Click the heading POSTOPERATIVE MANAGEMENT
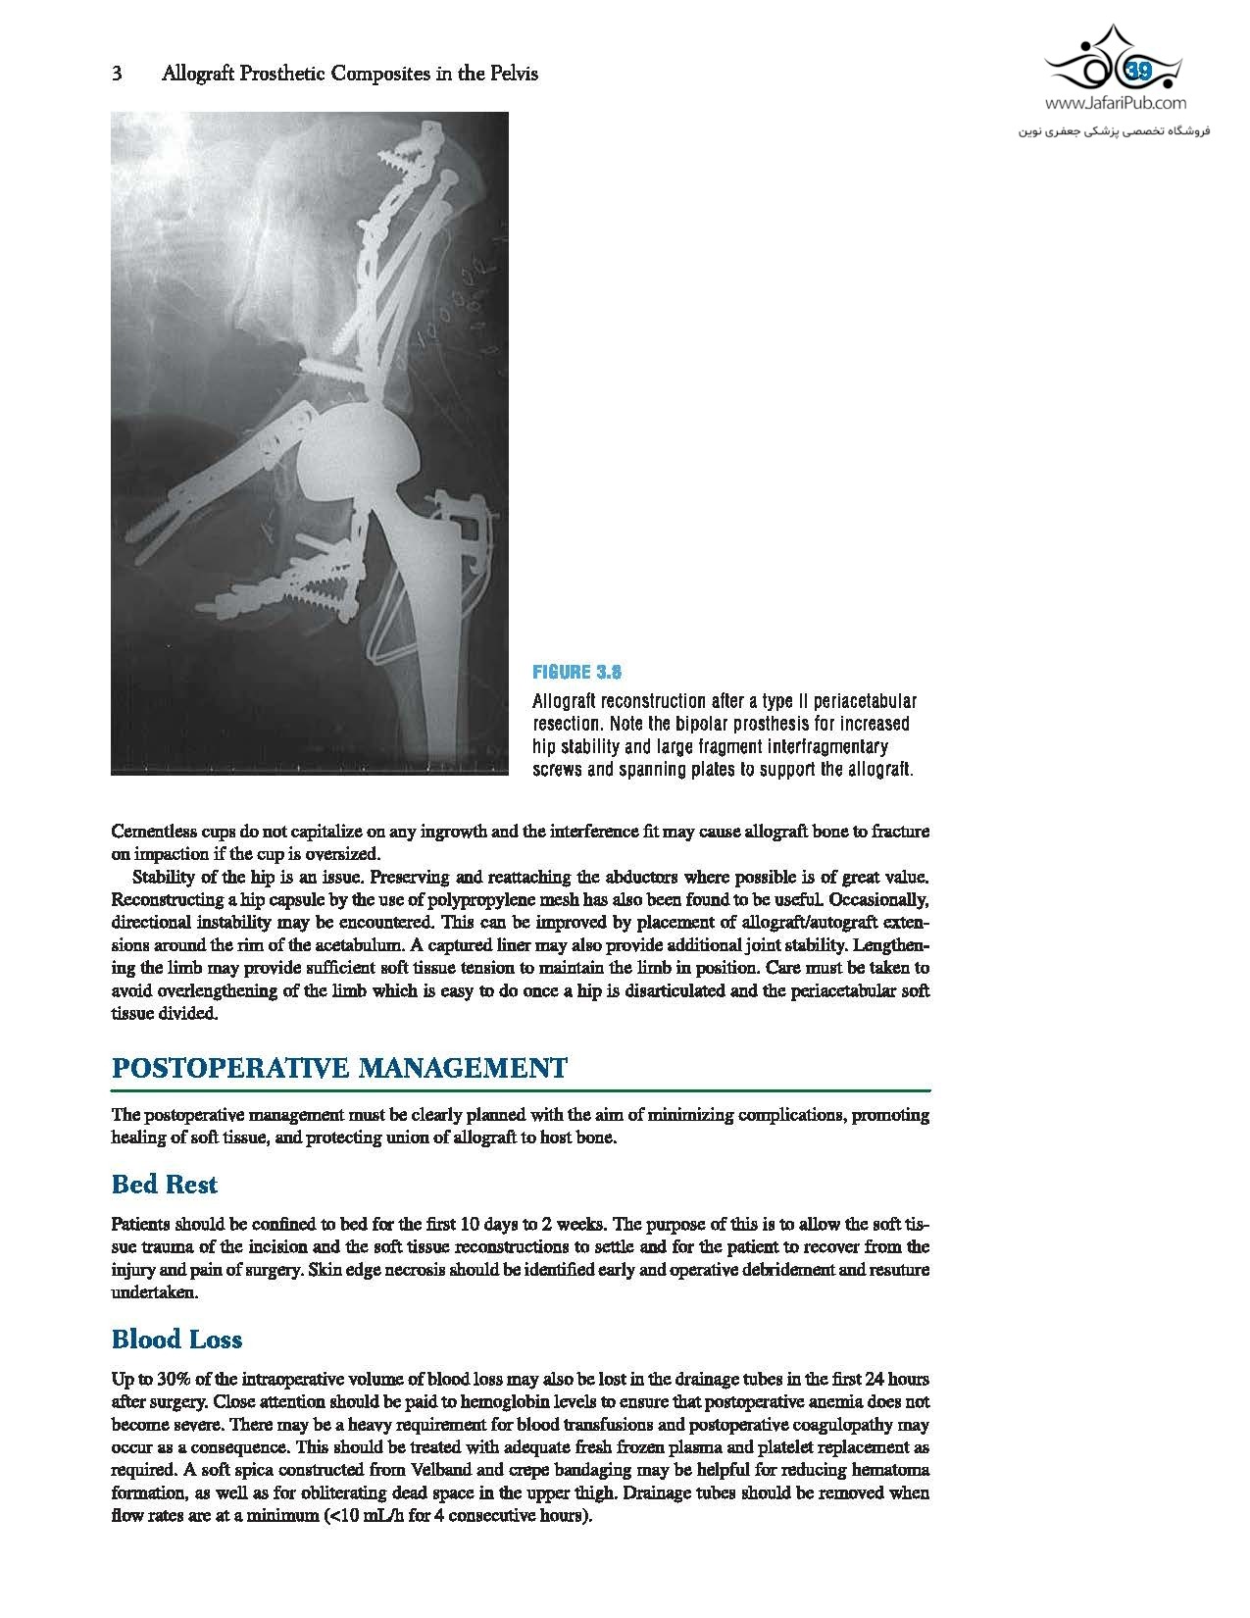[339, 1068]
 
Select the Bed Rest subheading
[165, 1185]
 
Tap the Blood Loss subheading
[176, 1340]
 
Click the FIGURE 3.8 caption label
[577, 673]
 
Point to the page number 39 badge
[1139, 71]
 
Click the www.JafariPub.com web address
[1116, 102]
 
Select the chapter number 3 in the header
[117, 74]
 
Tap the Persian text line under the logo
[1116, 129]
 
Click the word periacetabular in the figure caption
[856, 701]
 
